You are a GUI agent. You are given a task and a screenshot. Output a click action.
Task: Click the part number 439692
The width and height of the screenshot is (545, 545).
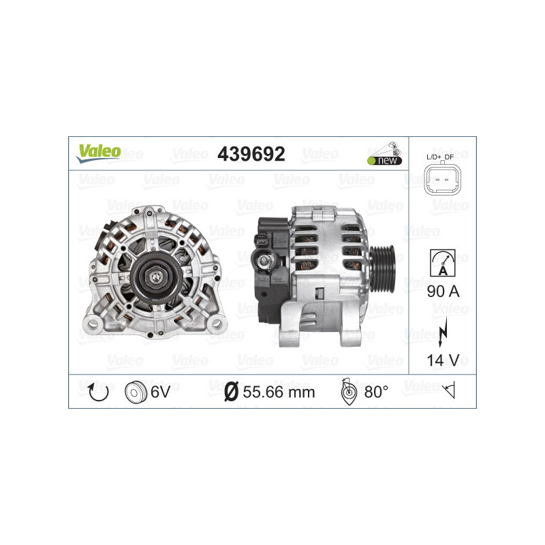251,154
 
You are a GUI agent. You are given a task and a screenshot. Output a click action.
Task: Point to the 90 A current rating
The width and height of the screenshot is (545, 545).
442,292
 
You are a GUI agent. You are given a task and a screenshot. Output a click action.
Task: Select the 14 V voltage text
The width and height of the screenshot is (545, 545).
442,359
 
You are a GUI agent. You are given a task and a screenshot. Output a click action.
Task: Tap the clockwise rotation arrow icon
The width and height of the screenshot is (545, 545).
98,392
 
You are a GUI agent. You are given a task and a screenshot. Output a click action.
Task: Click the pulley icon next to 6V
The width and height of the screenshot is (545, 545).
136,392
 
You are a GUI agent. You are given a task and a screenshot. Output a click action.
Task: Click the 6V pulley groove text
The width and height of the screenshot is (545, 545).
161,392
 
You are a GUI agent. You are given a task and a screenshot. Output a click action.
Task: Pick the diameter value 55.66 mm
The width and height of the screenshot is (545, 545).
279,392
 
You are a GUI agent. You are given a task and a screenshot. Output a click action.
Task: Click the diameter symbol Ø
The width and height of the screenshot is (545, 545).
231,392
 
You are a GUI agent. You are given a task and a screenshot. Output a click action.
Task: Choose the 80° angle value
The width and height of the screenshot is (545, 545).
377,392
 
